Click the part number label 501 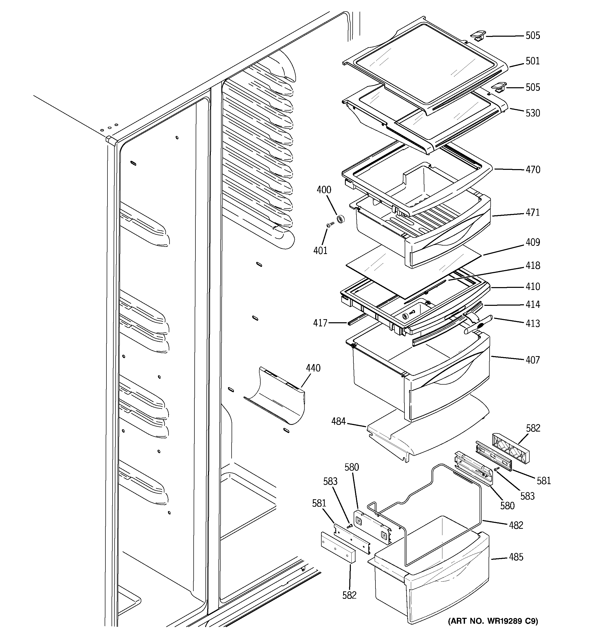pos(532,61)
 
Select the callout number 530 pos(533,113)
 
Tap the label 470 pos(533,170)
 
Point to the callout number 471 pos(533,212)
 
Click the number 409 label pos(533,242)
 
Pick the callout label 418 pos(533,266)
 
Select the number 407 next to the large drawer pos(533,360)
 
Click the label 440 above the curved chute pos(313,368)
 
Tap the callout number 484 pos(339,422)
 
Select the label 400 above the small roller pos(324,190)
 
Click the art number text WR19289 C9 pos(493,621)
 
